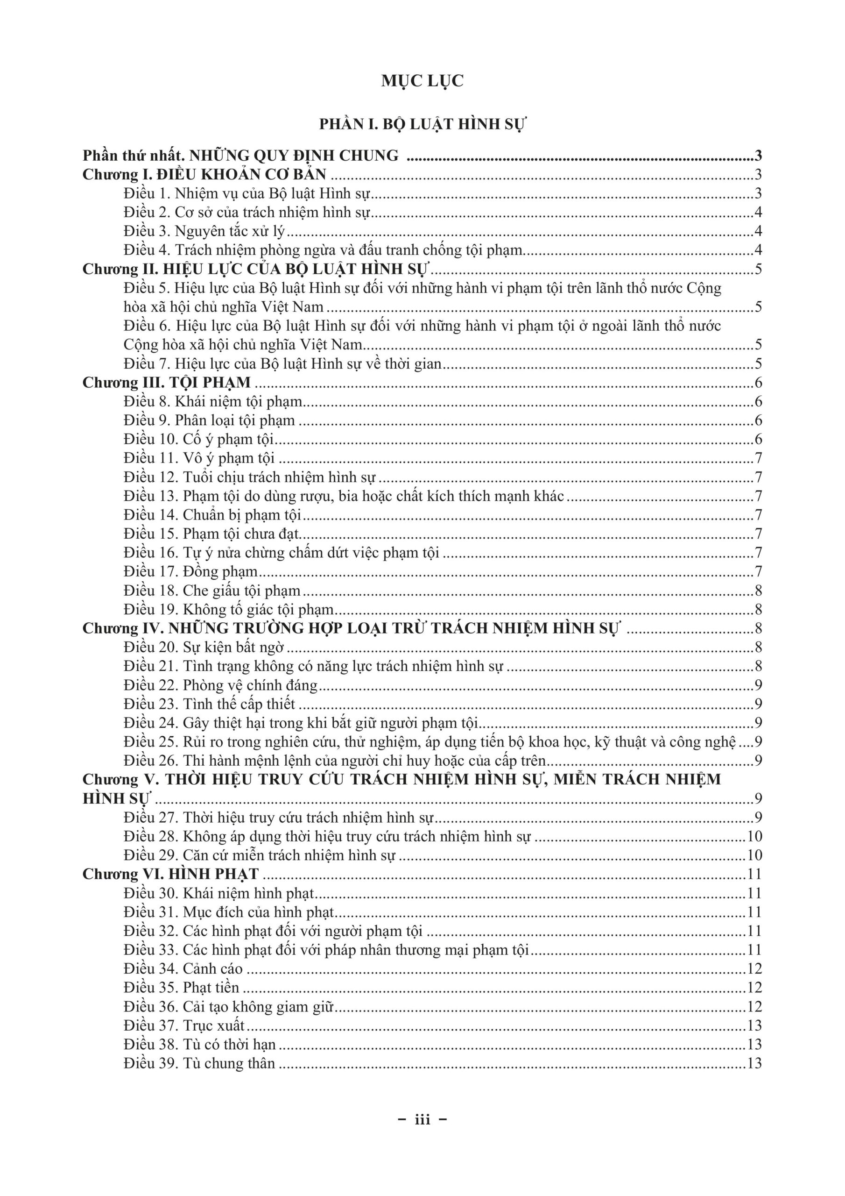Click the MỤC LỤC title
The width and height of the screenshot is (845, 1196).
coord(422,81)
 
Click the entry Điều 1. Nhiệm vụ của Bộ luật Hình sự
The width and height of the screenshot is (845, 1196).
coord(246,194)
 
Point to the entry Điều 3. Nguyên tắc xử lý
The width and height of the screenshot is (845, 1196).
coord(204,231)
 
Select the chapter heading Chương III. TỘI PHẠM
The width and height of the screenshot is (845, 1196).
coord(167,382)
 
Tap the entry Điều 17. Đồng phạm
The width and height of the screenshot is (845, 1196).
coord(190,571)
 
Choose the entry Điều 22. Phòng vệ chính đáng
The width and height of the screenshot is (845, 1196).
coord(220,685)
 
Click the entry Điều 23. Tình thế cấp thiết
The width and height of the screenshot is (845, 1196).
coord(209,704)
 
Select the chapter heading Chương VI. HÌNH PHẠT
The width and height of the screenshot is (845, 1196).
coord(170,874)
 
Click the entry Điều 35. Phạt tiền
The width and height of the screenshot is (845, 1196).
coord(181,987)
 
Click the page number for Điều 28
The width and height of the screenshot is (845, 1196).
coord(754,836)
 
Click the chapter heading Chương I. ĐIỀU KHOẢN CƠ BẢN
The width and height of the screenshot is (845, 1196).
coord(204,175)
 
